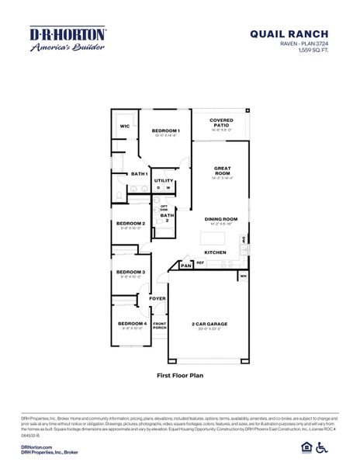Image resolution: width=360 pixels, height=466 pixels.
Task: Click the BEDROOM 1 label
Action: tap(166, 130)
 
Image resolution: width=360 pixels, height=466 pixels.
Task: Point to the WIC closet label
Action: tap(124, 126)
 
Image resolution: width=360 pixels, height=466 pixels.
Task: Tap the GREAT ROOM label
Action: tap(223, 170)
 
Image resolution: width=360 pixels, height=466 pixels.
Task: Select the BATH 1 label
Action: tap(139, 174)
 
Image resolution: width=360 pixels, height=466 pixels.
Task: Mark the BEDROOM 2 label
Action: tap(131, 224)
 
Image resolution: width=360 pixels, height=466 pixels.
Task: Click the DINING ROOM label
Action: tap(221, 219)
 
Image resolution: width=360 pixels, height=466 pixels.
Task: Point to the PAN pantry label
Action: tap(186, 266)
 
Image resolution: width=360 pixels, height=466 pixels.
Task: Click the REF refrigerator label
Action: tap(200, 263)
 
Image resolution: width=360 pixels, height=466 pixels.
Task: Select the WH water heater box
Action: tap(243, 275)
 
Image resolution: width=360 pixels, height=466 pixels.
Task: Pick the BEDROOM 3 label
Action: tap(131, 272)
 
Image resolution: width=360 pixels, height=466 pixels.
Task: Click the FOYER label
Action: tap(157, 297)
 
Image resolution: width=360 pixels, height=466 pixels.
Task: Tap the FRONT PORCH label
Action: tap(159, 325)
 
